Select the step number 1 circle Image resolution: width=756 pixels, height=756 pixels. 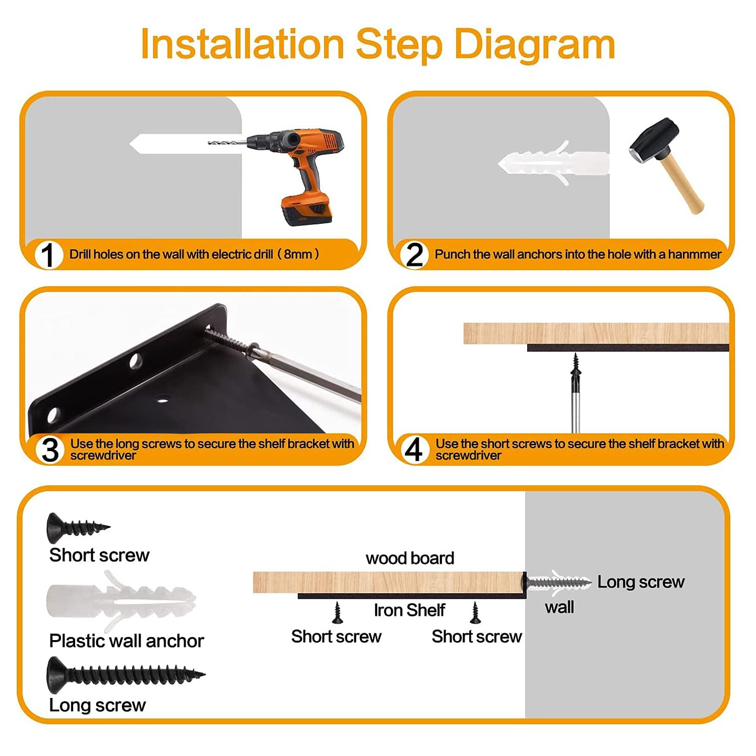click(x=48, y=255)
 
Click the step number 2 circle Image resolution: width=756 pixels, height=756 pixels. click(x=414, y=255)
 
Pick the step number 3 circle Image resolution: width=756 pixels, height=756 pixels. click(x=50, y=450)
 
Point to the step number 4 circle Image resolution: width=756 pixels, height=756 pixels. click(x=414, y=450)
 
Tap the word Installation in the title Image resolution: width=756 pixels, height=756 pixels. click(x=242, y=44)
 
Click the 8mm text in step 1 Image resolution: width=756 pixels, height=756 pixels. click(x=298, y=254)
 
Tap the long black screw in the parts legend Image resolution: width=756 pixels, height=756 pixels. click(x=125, y=674)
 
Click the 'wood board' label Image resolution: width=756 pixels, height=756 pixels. click(x=410, y=558)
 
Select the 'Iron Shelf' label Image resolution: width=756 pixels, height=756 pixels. click(x=409, y=610)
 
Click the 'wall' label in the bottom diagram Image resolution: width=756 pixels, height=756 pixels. click(x=559, y=607)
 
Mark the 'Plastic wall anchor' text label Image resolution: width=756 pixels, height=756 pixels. click(x=127, y=641)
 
